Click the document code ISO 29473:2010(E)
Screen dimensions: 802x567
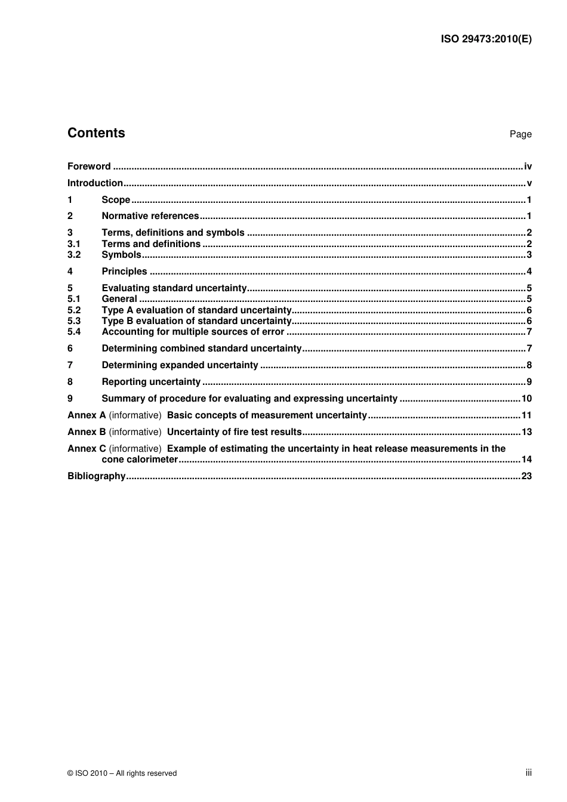pyautogui.click(x=486, y=39)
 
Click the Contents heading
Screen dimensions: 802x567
pyautogui.click(x=96, y=133)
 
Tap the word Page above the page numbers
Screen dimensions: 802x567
pyautogui.click(x=520, y=134)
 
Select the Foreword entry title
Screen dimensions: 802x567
pyautogui.click(x=89, y=166)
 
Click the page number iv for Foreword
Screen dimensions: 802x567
pyautogui.click(x=528, y=166)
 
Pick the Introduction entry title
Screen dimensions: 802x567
pyautogui.click(x=95, y=183)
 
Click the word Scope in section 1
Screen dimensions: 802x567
pyautogui.click(x=116, y=200)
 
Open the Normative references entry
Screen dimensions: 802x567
pyautogui.click(x=150, y=216)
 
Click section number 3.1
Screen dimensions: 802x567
pyautogui.click(x=74, y=243)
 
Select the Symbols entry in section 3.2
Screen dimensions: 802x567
pyautogui.click(x=121, y=255)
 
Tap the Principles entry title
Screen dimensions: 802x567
pyautogui.click(x=124, y=272)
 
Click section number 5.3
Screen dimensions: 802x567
pyautogui.click(x=74, y=320)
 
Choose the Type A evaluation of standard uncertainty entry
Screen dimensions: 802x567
pyautogui.click(x=196, y=310)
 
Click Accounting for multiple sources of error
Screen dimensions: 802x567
pyautogui.click(x=193, y=332)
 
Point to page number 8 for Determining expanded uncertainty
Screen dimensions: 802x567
pyautogui.click(x=529, y=365)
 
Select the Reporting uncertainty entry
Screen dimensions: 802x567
pyautogui.click(x=151, y=382)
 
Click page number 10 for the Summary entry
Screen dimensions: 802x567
pyautogui.click(x=526, y=399)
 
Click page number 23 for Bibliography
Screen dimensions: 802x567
pyautogui.click(x=526, y=476)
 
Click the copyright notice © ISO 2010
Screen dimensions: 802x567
pyautogui.click(x=122, y=773)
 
